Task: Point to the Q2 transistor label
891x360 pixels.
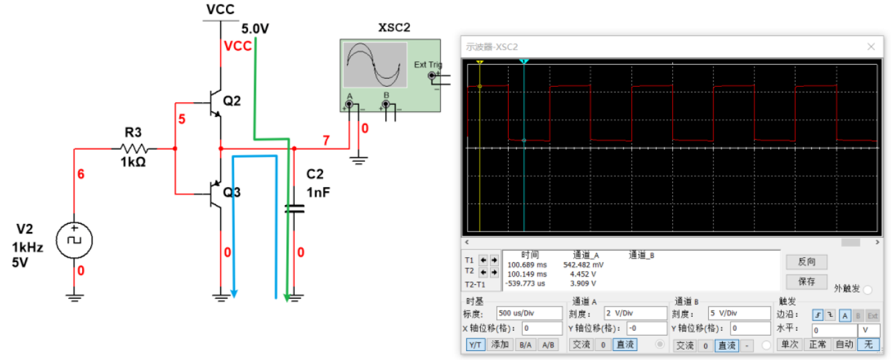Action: pos(232,102)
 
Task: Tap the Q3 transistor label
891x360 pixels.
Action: pos(232,192)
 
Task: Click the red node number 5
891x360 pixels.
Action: pos(182,120)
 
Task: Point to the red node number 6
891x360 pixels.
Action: pos(81,174)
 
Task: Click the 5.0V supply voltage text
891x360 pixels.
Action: pos(255,28)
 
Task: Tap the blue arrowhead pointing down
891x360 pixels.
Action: pos(234,293)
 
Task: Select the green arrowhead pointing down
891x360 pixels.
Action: pos(286,297)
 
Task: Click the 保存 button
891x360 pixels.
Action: pos(806,282)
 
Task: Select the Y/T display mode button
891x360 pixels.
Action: pos(475,345)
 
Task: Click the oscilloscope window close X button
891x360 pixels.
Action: pos(871,47)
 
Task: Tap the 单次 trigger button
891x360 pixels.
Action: pos(790,345)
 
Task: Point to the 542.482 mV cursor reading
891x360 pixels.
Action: pos(587,265)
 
